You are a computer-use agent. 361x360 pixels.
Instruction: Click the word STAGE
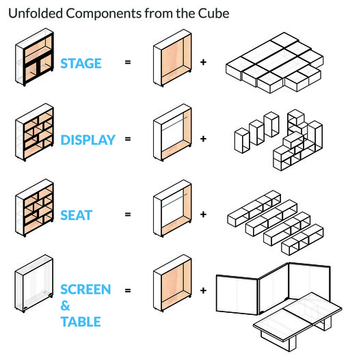(x=81, y=64)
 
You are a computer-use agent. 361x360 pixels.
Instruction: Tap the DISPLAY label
(x=88, y=140)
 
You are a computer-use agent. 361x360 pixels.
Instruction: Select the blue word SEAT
(x=76, y=215)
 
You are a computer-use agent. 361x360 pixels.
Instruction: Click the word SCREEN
(x=85, y=290)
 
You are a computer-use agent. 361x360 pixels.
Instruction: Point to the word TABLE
(x=81, y=322)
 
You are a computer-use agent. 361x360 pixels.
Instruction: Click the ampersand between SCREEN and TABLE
(x=65, y=305)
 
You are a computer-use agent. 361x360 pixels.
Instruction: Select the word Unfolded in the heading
(x=36, y=14)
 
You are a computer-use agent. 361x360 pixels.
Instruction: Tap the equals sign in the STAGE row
(x=128, y=62)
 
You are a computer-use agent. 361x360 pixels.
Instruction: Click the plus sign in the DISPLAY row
(x=203, y=139)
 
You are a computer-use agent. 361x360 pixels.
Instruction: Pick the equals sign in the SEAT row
(x=128, y=214)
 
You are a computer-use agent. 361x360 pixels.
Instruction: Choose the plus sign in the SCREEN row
(x=203, y=290)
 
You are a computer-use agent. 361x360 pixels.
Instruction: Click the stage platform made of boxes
(x=274, y=63)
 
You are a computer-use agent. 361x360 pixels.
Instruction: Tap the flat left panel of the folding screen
(x=237, y=295)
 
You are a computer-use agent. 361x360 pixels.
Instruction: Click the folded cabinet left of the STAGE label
(x=35, y=57)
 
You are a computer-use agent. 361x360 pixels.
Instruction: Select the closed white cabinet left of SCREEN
(x=34, y=283)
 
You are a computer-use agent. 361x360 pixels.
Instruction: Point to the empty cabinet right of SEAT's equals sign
(x=172, y=208)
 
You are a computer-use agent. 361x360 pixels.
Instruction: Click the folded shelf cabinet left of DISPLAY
(x=35, y=133)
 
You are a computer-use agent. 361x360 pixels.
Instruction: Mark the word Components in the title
(x=104, y=14)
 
